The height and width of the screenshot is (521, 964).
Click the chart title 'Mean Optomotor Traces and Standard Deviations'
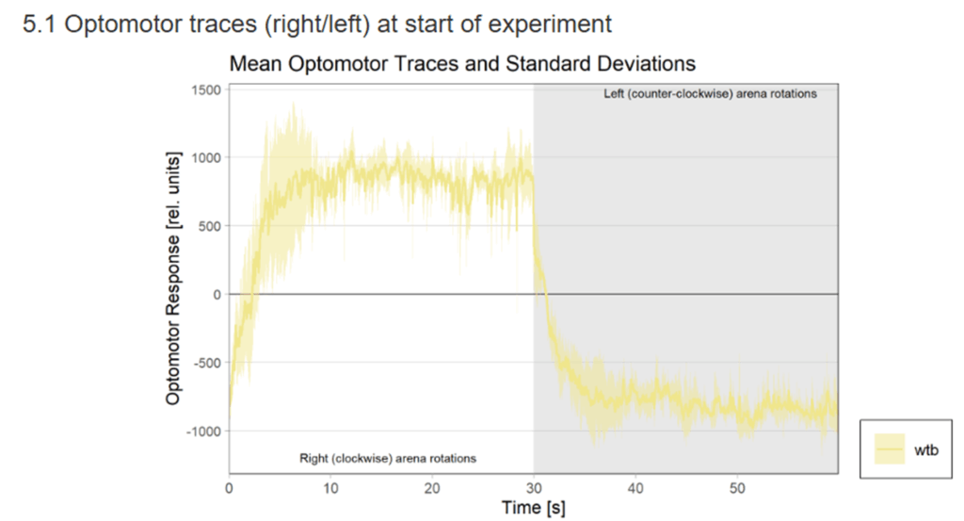[461, 64]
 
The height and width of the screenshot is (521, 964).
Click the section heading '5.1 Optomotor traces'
[316, 23]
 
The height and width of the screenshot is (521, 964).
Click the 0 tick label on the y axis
[217, 294]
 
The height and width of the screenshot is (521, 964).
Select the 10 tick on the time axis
[330, 488]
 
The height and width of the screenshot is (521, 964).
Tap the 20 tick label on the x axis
[432, 488]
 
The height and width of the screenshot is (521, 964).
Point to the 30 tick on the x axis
[534, 488]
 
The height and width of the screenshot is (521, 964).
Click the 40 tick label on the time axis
[635, 488]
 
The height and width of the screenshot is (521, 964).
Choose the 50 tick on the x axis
[737, 488]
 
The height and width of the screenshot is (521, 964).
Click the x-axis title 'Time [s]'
[533, 509]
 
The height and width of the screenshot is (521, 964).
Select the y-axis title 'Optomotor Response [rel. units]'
[173, 281]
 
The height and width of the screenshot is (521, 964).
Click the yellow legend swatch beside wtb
[889, 449]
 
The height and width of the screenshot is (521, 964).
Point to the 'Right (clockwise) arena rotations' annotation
[388, 458]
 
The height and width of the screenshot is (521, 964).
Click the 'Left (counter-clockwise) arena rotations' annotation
[710, 94]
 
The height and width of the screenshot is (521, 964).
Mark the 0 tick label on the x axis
[229, 488]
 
